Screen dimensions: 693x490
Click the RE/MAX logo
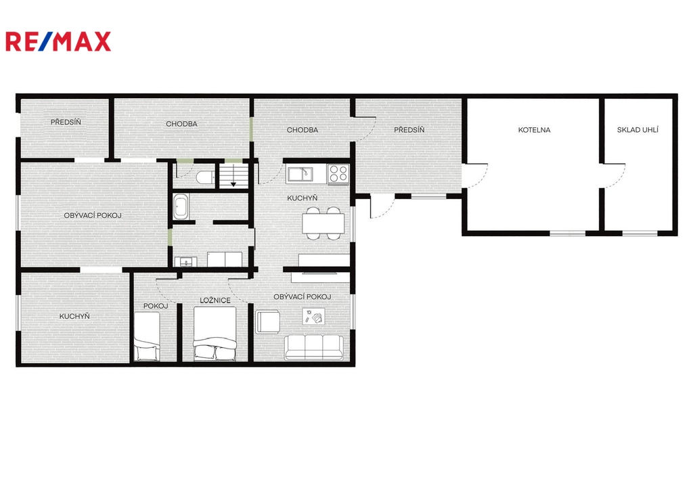[x=58, y=41]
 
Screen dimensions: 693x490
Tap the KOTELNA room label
[x=534, y=130]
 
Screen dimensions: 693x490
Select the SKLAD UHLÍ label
[x=638, y=130]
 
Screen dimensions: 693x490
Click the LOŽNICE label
[x=215, y=300]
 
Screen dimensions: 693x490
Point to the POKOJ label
[x=156, y=306]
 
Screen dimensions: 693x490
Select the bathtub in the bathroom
[x=181, y=206]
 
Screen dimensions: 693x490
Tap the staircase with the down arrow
[x=233, y=176]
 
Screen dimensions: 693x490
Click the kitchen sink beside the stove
[x=300, y=174]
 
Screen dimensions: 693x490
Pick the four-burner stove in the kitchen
[x=338, y=174]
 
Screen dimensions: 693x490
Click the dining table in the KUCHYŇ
[x=323, y=223]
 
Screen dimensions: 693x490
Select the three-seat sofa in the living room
[x=314, y=347]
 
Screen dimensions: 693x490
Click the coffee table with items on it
[x=313, y=316]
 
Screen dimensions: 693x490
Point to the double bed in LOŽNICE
[x=215, y=334]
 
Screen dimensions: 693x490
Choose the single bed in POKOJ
[x=147, y=336]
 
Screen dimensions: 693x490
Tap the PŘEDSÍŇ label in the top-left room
[x=66, y=122]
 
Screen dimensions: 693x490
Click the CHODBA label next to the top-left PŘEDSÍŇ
[x=181, y=124]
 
